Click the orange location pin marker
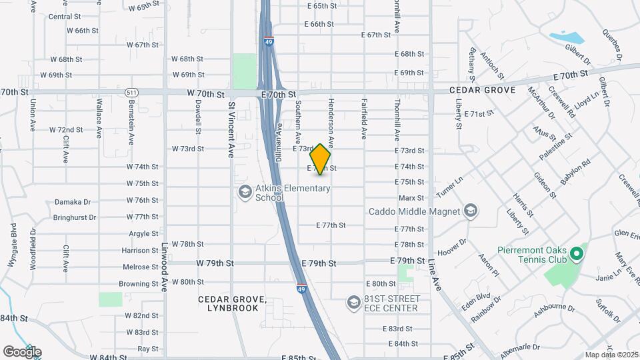(x=321, y=159)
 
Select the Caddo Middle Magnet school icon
(x=471, y=211)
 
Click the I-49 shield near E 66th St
(x=268, y=41)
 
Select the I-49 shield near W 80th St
(x=301, y=287)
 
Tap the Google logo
(x=22, y=352)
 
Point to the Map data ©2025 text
(x=611, y=355)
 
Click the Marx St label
(x=411, y=198)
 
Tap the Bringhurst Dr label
(x=75, y=217)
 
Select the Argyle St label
(x=144, y=234)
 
